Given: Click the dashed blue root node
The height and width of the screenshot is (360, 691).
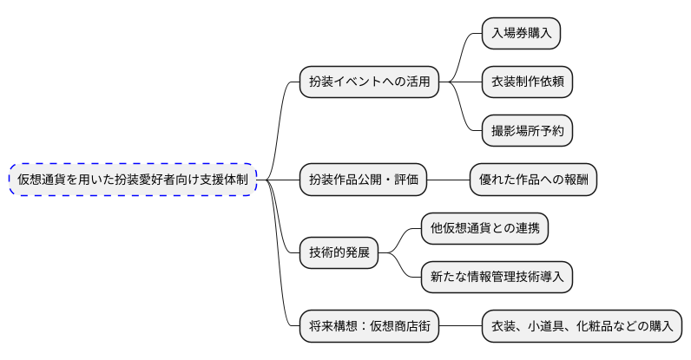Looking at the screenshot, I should pyautogui.click(x=134, y=180).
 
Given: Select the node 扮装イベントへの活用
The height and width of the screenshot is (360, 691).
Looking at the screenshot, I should pyautogui.click(x=369, y=82).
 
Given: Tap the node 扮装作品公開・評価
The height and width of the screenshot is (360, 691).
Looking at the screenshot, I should pyautogui.click(x=363, y=180).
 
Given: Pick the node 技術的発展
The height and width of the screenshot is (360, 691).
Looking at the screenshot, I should pyautogui.click(x=339, y=253).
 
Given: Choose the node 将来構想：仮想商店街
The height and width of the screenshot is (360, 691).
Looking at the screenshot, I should pyautogui.click(x=369, y=327).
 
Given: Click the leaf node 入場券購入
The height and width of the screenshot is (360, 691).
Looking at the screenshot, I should pyautogui.click(x=521, y=33).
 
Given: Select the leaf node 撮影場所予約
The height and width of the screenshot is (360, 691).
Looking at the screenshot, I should pyautogui.click(x=527, y=130).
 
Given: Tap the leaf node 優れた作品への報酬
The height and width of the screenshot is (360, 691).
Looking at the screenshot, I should pyautogui.click(x=533, y=180).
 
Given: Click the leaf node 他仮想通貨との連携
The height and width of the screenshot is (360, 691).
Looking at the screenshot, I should pyautogui.click(x=484, y=228).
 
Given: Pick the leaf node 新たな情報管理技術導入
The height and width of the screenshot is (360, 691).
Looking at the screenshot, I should pyautogui.click(x=497, y=278).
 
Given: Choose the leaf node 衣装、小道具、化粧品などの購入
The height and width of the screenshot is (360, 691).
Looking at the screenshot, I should pyautogui.click(x=582, y=327).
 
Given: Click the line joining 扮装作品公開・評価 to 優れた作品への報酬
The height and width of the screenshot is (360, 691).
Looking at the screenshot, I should pyautogui.click(x=449, y=180).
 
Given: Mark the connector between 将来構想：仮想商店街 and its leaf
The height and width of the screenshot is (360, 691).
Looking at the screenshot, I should pyautogui.click(x=460, y=327).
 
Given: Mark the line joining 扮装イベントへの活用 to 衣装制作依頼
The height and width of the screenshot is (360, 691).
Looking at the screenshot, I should pyautogui.click(x=460, y=82).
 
